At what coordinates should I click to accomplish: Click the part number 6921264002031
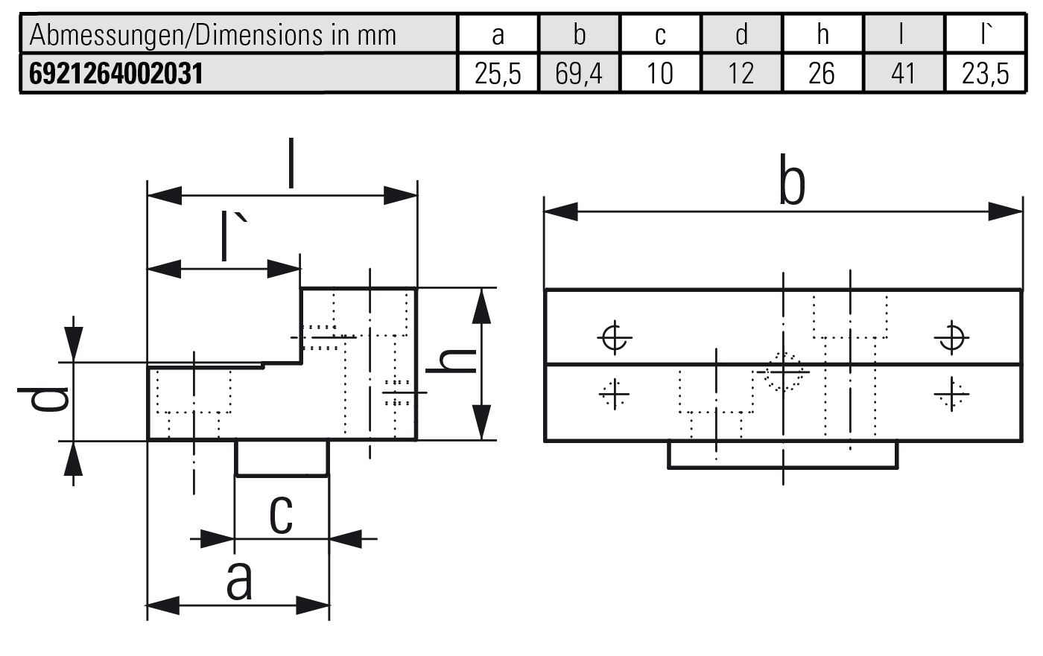click(x=115, y=74)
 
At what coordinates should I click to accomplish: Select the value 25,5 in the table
click(x=498, y=74)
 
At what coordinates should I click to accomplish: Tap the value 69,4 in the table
click(x=579, y=74)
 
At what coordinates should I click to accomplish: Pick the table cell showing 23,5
click(x=984, y=74)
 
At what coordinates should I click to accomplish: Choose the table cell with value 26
click(x=822, y=74)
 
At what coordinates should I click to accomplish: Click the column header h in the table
click(x=822, y=34)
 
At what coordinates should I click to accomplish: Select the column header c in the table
click(x=660, y=34)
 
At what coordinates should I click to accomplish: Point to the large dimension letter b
click(x=792, y=181)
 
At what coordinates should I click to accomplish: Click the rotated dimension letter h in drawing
click(x=451, y=362)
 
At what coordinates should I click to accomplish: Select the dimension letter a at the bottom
click(x=239, y=581)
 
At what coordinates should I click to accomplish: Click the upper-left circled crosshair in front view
click(x=614, y=338)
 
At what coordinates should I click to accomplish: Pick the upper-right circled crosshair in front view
click(x=951, y=338)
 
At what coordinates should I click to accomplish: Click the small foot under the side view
click(x=282, y=457)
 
